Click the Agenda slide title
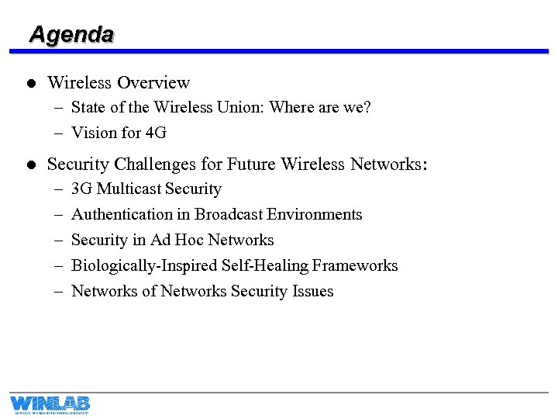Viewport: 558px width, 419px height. click(71, 34)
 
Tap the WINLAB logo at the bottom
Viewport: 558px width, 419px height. click(50, 403)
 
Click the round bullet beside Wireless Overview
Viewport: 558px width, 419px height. click(29, 83)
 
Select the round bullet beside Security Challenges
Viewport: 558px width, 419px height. click(29, 164)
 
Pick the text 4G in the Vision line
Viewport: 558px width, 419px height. click(156, 133)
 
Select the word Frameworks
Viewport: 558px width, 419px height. click(356, 266)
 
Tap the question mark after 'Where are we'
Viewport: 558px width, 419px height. click(367, 108)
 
